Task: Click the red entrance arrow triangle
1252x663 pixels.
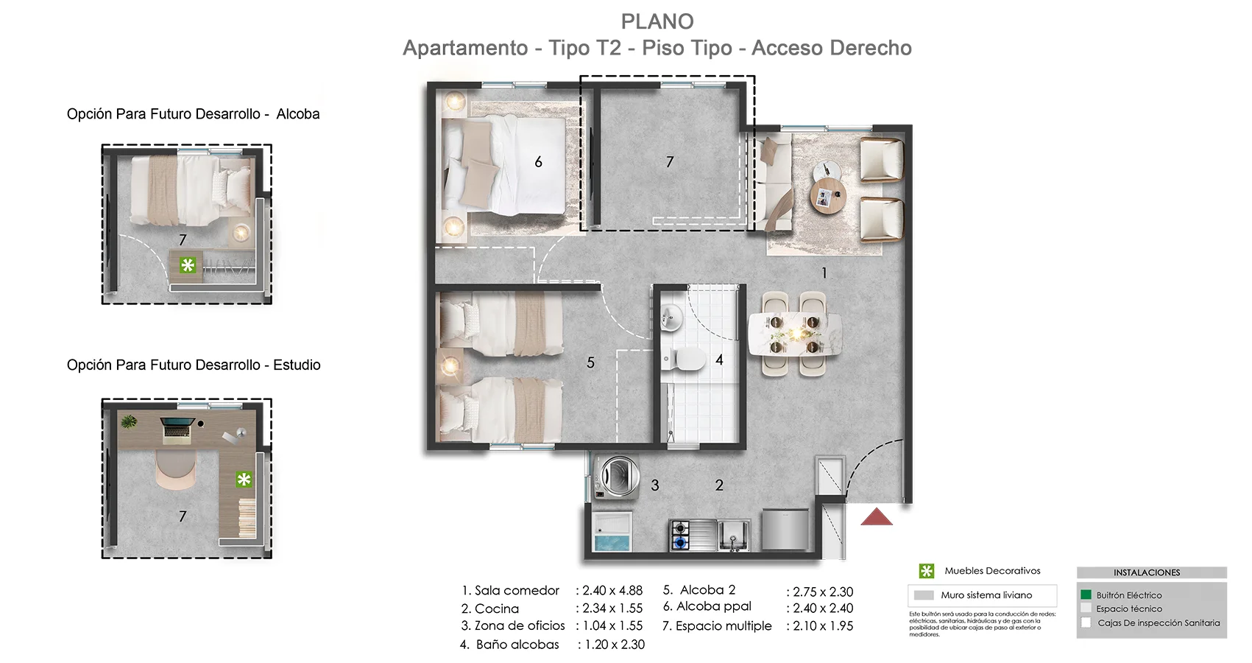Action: [x=877, y=518]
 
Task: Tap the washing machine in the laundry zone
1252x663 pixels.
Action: [x=618, y=477]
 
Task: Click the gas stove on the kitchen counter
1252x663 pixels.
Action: [x=679, y=536]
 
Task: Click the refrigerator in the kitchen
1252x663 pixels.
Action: [x=785, y=529]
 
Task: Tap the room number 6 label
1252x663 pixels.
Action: [x=538, y=162]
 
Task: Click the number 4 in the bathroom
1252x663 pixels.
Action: [x=719, y=360]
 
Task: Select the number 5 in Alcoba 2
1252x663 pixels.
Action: [x=590, y=362]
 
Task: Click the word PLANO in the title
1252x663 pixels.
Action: [x=657, y=21]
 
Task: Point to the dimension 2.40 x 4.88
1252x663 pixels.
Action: [x=612, y=591]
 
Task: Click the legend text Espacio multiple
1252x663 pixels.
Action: [x=724, y=626]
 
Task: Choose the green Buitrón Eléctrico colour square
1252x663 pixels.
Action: [x=1086, y=594]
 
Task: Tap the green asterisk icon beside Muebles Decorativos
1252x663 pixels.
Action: [x=926, y=571]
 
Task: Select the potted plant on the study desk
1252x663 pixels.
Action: [x=129, y=422]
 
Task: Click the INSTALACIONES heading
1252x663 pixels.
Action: [x=1146, y=572]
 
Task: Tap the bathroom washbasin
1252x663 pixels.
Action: [x=671, y=318]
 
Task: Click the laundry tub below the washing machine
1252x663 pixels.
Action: [x=613, y=533]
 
